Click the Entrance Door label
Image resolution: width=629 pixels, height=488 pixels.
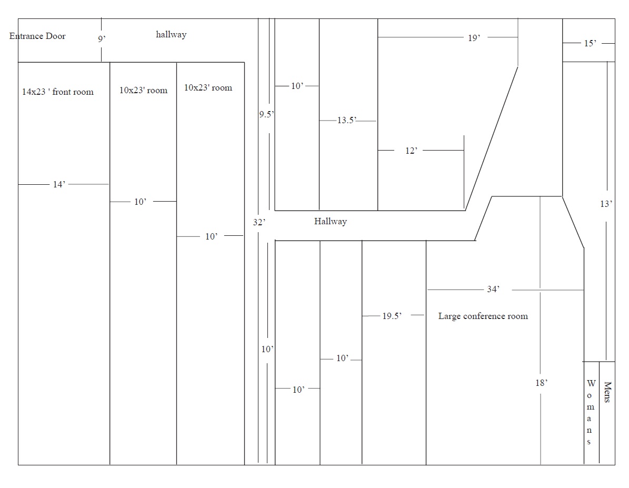click(37, 36)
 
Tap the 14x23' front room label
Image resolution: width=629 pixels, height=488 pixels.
click(58, 92)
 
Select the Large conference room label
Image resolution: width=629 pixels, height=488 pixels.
click(483, 316)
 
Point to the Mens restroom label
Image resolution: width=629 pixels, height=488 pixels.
click(607, 392)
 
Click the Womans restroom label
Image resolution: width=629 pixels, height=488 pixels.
click(590, 412)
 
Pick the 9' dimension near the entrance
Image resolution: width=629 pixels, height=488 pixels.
click(102, 39)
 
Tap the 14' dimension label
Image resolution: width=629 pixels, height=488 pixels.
click(59, 185)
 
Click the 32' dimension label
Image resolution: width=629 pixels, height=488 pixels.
click(259, 222)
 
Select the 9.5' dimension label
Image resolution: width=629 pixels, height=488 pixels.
click(266, 114)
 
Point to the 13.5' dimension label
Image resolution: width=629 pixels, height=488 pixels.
click(347, 121)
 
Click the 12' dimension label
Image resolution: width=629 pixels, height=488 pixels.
click(411, 151)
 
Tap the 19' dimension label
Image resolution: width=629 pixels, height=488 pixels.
click(474, 38)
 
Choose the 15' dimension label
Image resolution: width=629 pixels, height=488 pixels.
click(590, 43)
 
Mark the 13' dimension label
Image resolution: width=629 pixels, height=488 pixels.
click(606, 204)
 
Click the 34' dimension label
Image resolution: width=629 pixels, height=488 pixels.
click(493, 290)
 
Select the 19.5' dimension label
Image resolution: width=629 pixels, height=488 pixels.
click(392, 316)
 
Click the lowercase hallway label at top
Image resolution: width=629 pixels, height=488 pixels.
click(171, 35)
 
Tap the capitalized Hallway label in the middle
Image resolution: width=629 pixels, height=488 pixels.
click(331, 222)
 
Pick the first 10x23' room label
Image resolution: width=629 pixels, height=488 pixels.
click(143, 91)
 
